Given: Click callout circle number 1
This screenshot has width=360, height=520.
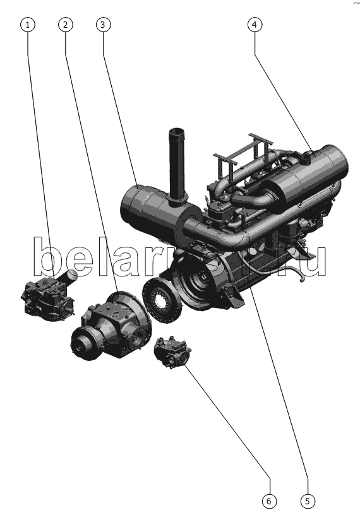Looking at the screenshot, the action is pyautogui.click(x=28, y=25).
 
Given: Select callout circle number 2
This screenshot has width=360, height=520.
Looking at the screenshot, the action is pyautogui.click(x=65, y=25).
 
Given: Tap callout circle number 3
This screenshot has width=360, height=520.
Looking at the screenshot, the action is pyautogui.click(x=103, y=25).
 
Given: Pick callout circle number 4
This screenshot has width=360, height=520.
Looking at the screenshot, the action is pyautogui.click(x=255, y=25).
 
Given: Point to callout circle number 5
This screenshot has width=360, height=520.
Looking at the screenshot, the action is pyautogui.click(x=308, y=501).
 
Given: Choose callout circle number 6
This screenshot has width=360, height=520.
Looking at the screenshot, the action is pyautogui.click(x=269, y=501).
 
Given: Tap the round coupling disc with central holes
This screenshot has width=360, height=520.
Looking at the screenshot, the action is pyautogui.click(x=162, y=300).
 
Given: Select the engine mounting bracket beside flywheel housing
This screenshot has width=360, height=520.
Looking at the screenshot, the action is pyautogui.click(x=234, y=296).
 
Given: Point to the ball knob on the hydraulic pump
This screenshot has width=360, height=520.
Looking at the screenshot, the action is pyautogui.click(x=71, y=275).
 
